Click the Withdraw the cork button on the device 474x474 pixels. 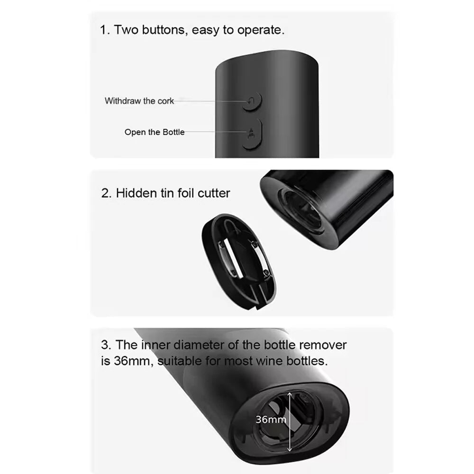[x=253, y=101]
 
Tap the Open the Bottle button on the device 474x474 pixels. [x=253, y=134]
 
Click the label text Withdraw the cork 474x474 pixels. [x=139, y=100]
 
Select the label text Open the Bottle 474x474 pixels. [x=155, y=132]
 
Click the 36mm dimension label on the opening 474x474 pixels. [x=271, y=419]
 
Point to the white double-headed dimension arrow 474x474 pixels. [x=290, y=422]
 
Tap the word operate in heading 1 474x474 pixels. [x=261, y=30]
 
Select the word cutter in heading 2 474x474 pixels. [x=214, y=193]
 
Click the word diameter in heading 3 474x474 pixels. [x=199, y=345]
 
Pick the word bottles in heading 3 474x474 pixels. [x=307, y=361]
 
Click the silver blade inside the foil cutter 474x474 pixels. [x=231, y=259]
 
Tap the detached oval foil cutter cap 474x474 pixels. [x=239, y=262]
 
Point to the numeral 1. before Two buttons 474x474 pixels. [x=105, y=30]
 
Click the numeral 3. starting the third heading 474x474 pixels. [x=106, y=345]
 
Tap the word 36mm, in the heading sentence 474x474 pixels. [x=132, y=361]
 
